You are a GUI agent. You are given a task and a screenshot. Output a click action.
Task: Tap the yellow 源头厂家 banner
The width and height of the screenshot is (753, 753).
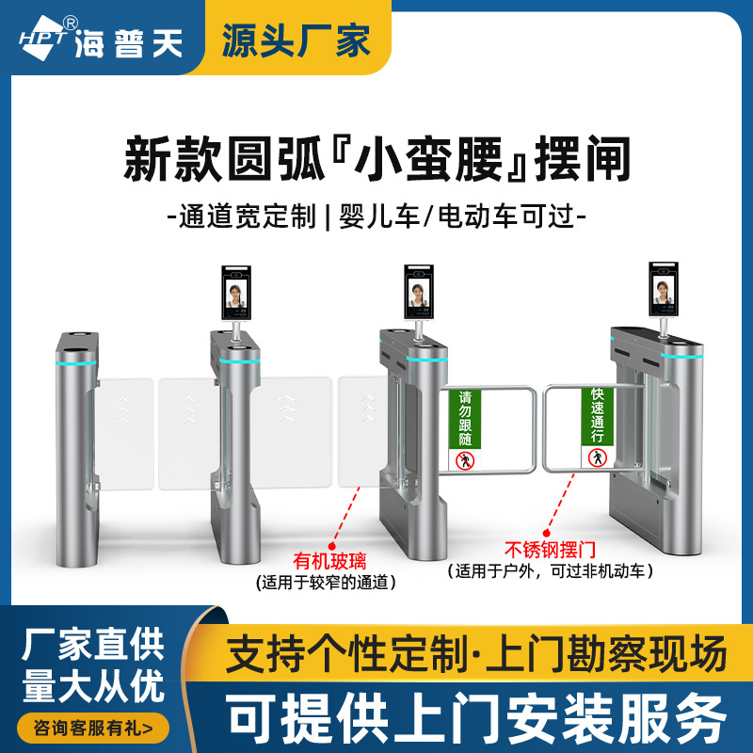(x=296, y=39)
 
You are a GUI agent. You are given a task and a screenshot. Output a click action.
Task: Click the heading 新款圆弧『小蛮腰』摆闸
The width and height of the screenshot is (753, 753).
(x=376, y=158)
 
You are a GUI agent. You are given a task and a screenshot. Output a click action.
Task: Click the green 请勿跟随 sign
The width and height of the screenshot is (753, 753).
(x=465, y=418)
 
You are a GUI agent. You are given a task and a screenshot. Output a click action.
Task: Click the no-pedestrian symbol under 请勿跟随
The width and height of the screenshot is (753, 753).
(x=464, y=460)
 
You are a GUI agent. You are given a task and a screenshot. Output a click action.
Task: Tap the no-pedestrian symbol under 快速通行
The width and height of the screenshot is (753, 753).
(x=596, y=457)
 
